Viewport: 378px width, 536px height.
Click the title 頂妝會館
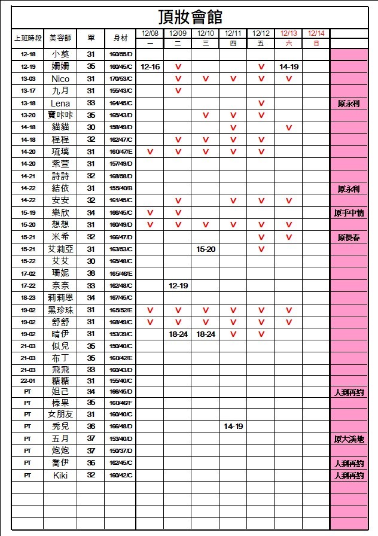[x=191, y=16]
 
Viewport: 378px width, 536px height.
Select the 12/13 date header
[x=289, y=33]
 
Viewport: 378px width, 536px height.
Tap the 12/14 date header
[x=316, y=33]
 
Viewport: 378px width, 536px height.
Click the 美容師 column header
[x=60, y=38]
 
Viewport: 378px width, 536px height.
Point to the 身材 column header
[x=120, y=38]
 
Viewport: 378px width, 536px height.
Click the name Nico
[x=60, y=79]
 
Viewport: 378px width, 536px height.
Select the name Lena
[x=60, y=103]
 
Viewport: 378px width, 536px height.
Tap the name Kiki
[x=60, y=476]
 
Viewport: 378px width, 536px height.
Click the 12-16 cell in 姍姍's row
[x=150, y=67]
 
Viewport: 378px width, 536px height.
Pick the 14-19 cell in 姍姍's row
[x=289, y=67]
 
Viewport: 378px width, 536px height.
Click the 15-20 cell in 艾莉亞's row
[x=206, y=249]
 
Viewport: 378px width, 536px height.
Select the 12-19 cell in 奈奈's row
[x=178, y=285]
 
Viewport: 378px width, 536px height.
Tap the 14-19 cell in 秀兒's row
[x=233, y=427]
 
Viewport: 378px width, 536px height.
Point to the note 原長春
[x=349, y=237]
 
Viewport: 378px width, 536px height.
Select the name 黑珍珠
[x=60, y=310]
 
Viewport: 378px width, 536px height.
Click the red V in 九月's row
[x=178, y=91]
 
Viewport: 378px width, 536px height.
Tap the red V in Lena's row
[x=261, y=103]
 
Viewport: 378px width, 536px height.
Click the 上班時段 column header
[x=28, y=38]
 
